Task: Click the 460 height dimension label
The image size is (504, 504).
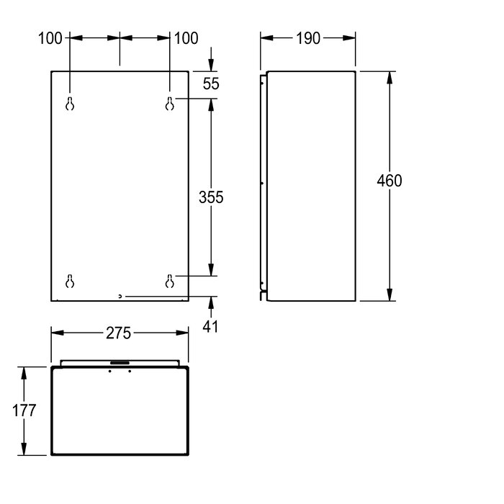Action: (390, 181)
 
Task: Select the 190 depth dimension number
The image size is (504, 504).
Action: (308, 38)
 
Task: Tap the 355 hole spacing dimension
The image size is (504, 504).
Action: (211, 197)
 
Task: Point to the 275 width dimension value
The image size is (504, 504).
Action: (118, 333)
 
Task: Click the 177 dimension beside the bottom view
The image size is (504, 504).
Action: (24, 410)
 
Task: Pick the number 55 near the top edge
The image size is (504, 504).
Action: (211, 84)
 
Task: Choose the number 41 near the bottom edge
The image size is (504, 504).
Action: (210, 327)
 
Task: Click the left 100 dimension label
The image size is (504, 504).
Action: (50, 38)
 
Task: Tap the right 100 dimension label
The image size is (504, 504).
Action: (186, 38)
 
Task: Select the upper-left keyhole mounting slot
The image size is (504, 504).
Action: (70, 104)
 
